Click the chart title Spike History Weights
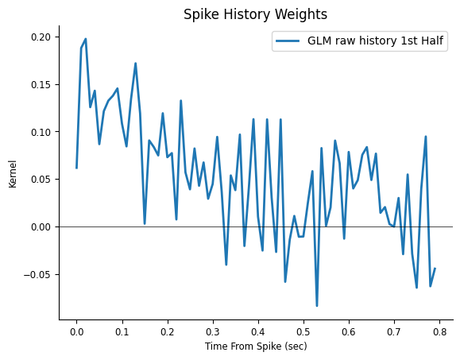pyautogui.click(x=255, y=14)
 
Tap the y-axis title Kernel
pyautogui.click(x=13, y=174)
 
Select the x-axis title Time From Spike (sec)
pyautogui.click(x=256, y=346)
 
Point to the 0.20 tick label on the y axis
pyautogui.click(x=41, y=37)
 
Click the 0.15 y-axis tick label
pyautogui.click(x=41, y=85)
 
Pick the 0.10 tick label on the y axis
pyautogui.click(x=41, y=132)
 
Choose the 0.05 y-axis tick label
pyautogui.click(x=41, y=180)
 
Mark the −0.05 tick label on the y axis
pyautogui.click(x=37, y=275)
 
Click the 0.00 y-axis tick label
pyautogui.click(x=41, y=227)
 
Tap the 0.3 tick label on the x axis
pyautogui.click(x=213, y=332)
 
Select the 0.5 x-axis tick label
pyautogui.click(x=303, y=332)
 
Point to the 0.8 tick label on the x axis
pyautogui.click(x=439, y=332)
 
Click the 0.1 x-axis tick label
pyautogui.click(x=122, y=332)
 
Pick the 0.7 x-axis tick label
pyautogui.click(x=394, y=332)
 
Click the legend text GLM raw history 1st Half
pyautogui.click(x=375, y=41)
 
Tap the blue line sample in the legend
pyautogui.click(x=288, y=41)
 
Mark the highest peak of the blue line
pyautogui.click(x=86, y=39)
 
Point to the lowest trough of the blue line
pyautogui.click(x=317, y=306)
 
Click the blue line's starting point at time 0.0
pyautogui.click(x=76, y=168)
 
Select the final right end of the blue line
pyautogui.click(x=435, y=268)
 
